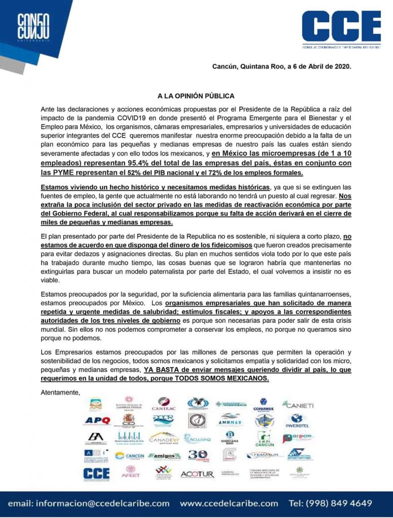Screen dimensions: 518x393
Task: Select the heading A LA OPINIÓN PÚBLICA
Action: (195, 96)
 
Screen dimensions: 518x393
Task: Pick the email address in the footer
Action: (89, 503)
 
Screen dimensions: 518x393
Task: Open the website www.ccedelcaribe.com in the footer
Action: (229, 503)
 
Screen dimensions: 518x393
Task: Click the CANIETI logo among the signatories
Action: (298, 405)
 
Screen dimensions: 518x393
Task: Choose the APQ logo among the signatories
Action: (96, 420)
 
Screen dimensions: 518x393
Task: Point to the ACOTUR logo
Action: (198, 474)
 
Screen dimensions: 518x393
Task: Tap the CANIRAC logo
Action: (164, 404)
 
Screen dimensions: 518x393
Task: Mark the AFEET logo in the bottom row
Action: (130, 473)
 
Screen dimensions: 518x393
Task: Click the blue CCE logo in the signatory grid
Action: (96, 473)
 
